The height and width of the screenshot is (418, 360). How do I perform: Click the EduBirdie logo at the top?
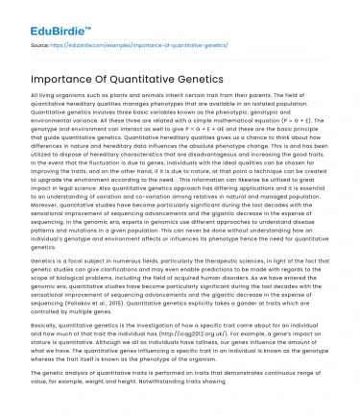[51, 17]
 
